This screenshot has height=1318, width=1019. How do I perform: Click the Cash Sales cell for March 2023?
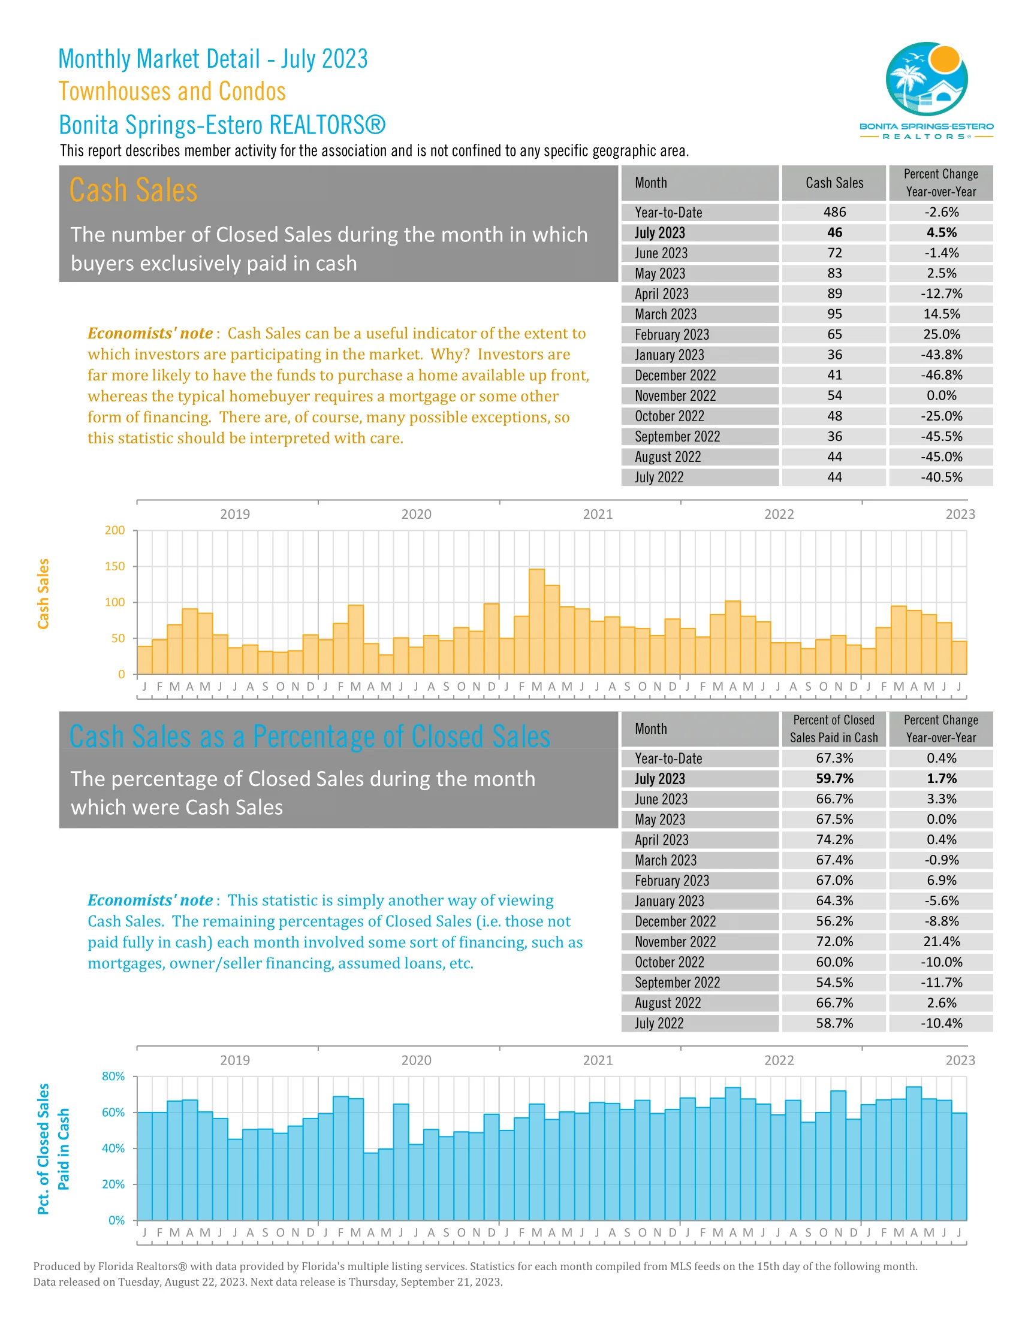(834, 314)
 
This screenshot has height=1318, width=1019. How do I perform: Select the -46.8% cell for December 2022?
(940, 375)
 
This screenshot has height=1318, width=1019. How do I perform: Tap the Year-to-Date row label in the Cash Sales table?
(668, 213)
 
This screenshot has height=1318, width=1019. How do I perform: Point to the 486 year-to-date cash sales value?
(834, 213)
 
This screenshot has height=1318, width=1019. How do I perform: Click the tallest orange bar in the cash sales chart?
(536, 622)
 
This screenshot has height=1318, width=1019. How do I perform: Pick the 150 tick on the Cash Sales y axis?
(114, 566)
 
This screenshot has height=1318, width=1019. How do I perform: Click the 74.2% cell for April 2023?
(834, 839)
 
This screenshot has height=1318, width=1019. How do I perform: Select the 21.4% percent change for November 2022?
(940, 941)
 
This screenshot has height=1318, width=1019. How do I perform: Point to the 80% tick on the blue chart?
(113, 1076)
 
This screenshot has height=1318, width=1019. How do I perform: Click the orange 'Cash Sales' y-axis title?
(43, 593)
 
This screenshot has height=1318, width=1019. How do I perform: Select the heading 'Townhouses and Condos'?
(172, 92)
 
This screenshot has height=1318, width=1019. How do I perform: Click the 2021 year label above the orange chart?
(597, 514)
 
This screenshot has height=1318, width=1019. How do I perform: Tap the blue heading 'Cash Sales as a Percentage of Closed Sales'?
(310, 736)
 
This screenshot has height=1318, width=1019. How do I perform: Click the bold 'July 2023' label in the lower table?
(659, 778)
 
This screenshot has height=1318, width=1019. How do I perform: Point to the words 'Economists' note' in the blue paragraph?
(150, 900)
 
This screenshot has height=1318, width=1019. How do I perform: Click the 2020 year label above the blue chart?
(416, 1060)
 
